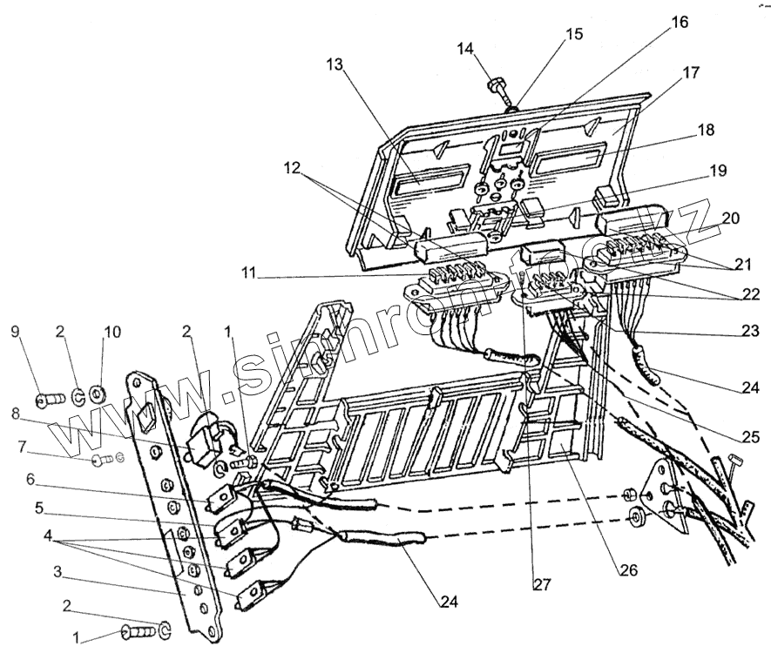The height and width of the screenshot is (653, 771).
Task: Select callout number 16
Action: coord(679,23)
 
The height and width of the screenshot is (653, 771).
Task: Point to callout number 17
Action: coord(690,73)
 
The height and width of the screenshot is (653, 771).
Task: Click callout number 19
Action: coord(717,172)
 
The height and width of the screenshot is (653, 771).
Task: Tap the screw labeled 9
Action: coord(48,401)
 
